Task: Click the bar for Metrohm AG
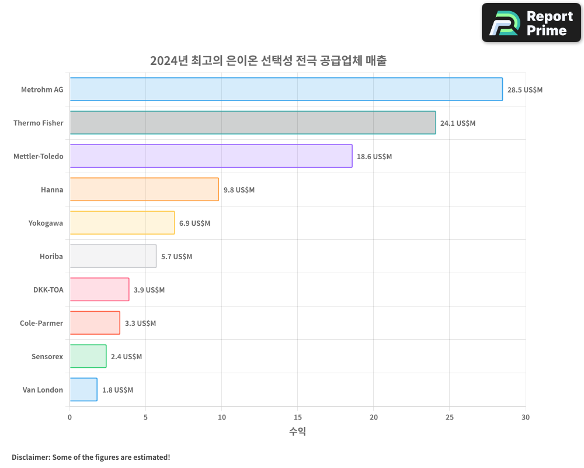click(286, 90)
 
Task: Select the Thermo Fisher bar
click(252, 123)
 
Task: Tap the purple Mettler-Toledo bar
click(211, 156)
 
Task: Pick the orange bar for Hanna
click(144, 190)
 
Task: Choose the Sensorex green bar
click(88, 356)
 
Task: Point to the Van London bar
click(84, 390)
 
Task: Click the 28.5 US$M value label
click(525, 90)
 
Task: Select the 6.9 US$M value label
click(194, 223)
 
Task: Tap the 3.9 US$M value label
click(149, 290)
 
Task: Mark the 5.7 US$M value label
click(176, 257)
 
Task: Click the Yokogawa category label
click(46, 223)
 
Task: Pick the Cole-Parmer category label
click(41, 323)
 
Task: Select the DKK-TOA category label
click(48, 290)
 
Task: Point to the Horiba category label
click(51, 256)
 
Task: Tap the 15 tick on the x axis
click(298, 417)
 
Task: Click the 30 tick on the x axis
click(526, 417)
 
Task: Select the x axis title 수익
click(297, 432)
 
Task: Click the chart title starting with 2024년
click(268, 61)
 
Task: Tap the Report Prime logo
click(531, 23)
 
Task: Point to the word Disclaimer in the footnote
click(30, 457)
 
